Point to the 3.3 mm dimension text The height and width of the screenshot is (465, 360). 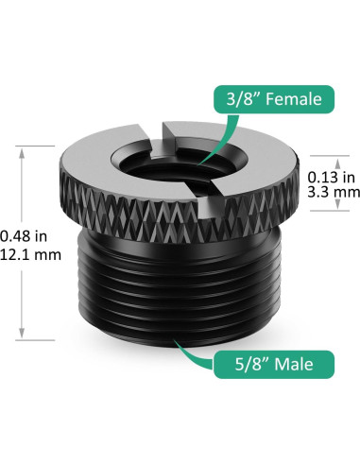(x=332, y=192)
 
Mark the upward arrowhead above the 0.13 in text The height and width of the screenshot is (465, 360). (x=332, y=159)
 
